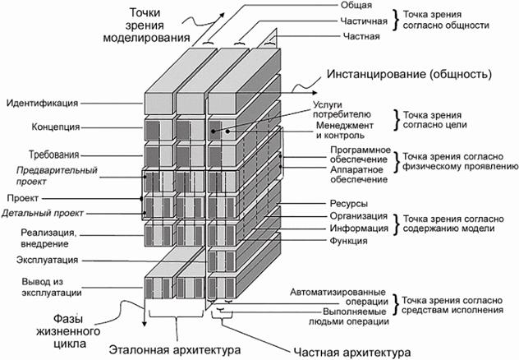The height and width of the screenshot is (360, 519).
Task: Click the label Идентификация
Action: coord(42,104)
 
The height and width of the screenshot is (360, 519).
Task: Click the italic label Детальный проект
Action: coord(41,214)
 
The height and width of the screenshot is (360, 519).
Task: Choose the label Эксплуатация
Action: coord(47,261)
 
